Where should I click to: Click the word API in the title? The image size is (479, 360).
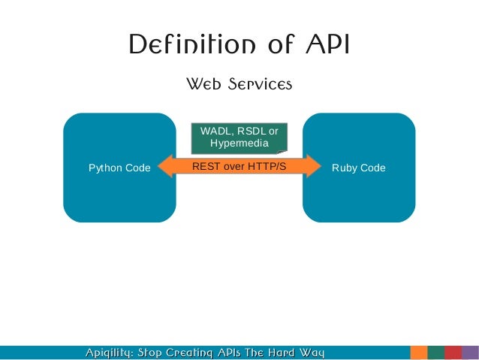click(x=327, y=46)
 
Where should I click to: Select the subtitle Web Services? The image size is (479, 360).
click(x=239, y=84)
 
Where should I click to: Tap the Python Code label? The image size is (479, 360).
click(x=119, y=168)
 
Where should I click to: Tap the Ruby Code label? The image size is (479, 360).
click(x=358, y=168)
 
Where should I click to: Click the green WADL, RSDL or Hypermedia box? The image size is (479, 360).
click(x=239, y=138)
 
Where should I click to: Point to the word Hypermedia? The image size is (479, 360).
click(x=239, y=144)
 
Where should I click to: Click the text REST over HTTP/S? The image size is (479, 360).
click(x=239, y=166)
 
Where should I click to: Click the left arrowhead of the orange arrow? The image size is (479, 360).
click(x=165, y=166)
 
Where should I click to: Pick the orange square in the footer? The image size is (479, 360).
click(x=419, y=352)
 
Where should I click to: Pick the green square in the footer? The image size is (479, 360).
click(x=436, y=352)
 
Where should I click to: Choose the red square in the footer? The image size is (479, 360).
click(x=453, y=352)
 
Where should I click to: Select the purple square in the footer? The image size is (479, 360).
click(x=470, y=352)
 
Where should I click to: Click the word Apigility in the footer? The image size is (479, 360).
click(x=109, y=352)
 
